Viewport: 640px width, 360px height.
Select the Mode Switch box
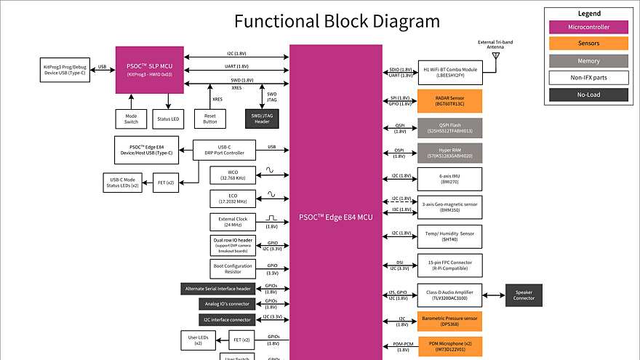[132, 119]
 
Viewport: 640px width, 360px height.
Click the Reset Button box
[210, 119]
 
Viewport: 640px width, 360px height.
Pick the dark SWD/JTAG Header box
[262, 119]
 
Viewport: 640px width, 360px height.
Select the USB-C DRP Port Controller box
[224, 150]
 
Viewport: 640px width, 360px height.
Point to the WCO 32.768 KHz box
[232, 175]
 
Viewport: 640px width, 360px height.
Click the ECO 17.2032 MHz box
[232, 198]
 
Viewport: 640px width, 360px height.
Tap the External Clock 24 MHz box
[232, 222]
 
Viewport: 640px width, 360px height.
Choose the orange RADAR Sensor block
[449, 101]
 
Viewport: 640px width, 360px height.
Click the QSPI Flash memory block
[449, 128]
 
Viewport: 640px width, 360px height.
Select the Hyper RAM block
[449, 153]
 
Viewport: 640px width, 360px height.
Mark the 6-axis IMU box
[449, 179]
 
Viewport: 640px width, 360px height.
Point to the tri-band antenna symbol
[496, 55]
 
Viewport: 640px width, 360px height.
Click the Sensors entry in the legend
[589, 44]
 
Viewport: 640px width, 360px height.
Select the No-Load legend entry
[589, 94]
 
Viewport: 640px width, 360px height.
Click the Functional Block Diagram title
[327, 21]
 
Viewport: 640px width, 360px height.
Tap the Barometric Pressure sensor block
[449, 321]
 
